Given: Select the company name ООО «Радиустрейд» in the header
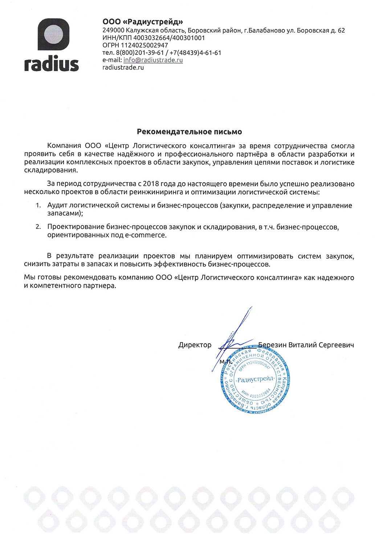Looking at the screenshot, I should (x=143, y=22).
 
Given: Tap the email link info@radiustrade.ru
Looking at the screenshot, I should (x=153, y=60).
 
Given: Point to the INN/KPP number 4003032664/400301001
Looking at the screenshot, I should (x=169, y=38).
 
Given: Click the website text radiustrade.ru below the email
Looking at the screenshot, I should (x=123, y=68).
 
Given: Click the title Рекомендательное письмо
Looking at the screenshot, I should (x=189, y=132).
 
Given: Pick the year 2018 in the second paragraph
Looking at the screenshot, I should (x=151, y=184).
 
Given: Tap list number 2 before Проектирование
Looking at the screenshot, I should (x=38, y=227).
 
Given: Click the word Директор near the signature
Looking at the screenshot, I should (x=195, y=345).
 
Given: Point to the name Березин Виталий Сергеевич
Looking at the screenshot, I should (x=306, y=345).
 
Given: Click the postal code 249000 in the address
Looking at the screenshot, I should (x=113, y=30).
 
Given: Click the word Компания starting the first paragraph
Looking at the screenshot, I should (x=64, y=146).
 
